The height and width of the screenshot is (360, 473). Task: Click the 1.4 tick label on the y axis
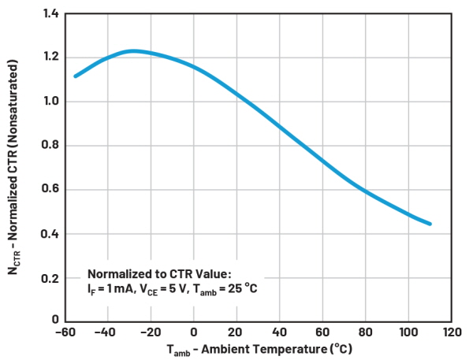click(50, 13)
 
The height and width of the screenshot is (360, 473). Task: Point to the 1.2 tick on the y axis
click(50, 58)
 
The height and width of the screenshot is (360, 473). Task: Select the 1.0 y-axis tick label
click(50, 102)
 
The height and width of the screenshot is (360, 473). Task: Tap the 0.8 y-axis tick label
click(50, 146)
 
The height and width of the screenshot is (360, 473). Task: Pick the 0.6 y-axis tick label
click(50, 190)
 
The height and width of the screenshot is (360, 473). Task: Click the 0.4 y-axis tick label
click(50, 234)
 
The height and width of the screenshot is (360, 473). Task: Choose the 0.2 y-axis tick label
click(50, 278)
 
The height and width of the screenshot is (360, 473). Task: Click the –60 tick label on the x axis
click(62, 331)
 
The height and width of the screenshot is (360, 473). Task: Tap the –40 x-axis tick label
click(105, 331)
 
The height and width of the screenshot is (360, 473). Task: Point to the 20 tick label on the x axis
click(236, 331)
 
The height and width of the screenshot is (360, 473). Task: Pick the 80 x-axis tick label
click(366, 331)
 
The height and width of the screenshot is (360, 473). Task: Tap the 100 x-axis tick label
click(408, 331)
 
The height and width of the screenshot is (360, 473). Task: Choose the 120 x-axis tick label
click(452, 331)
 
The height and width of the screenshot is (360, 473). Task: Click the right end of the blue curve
click(430, 224)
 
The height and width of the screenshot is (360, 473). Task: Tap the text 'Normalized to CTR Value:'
click(159, 273)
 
